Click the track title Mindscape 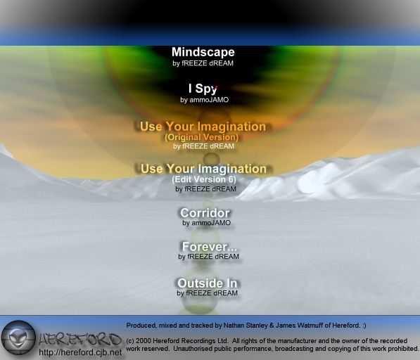pos(203,53)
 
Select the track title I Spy pos(203,89)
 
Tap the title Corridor pos(205,213)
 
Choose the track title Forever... pos(209,247)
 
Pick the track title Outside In pos(207,283)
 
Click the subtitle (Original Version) pos(202,137)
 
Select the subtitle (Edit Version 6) pos(204,179)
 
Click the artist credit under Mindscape pos(203,63)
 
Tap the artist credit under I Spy pos(205,100)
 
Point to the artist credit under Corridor pos(207,223)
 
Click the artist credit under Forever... pos(208,257)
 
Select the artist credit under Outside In pos(207,293)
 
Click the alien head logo pos(18,337)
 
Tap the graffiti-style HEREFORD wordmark pos(79,340)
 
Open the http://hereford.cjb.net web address pos(80,352)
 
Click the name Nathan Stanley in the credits pos(246,326)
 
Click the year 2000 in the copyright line pos(142,341)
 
